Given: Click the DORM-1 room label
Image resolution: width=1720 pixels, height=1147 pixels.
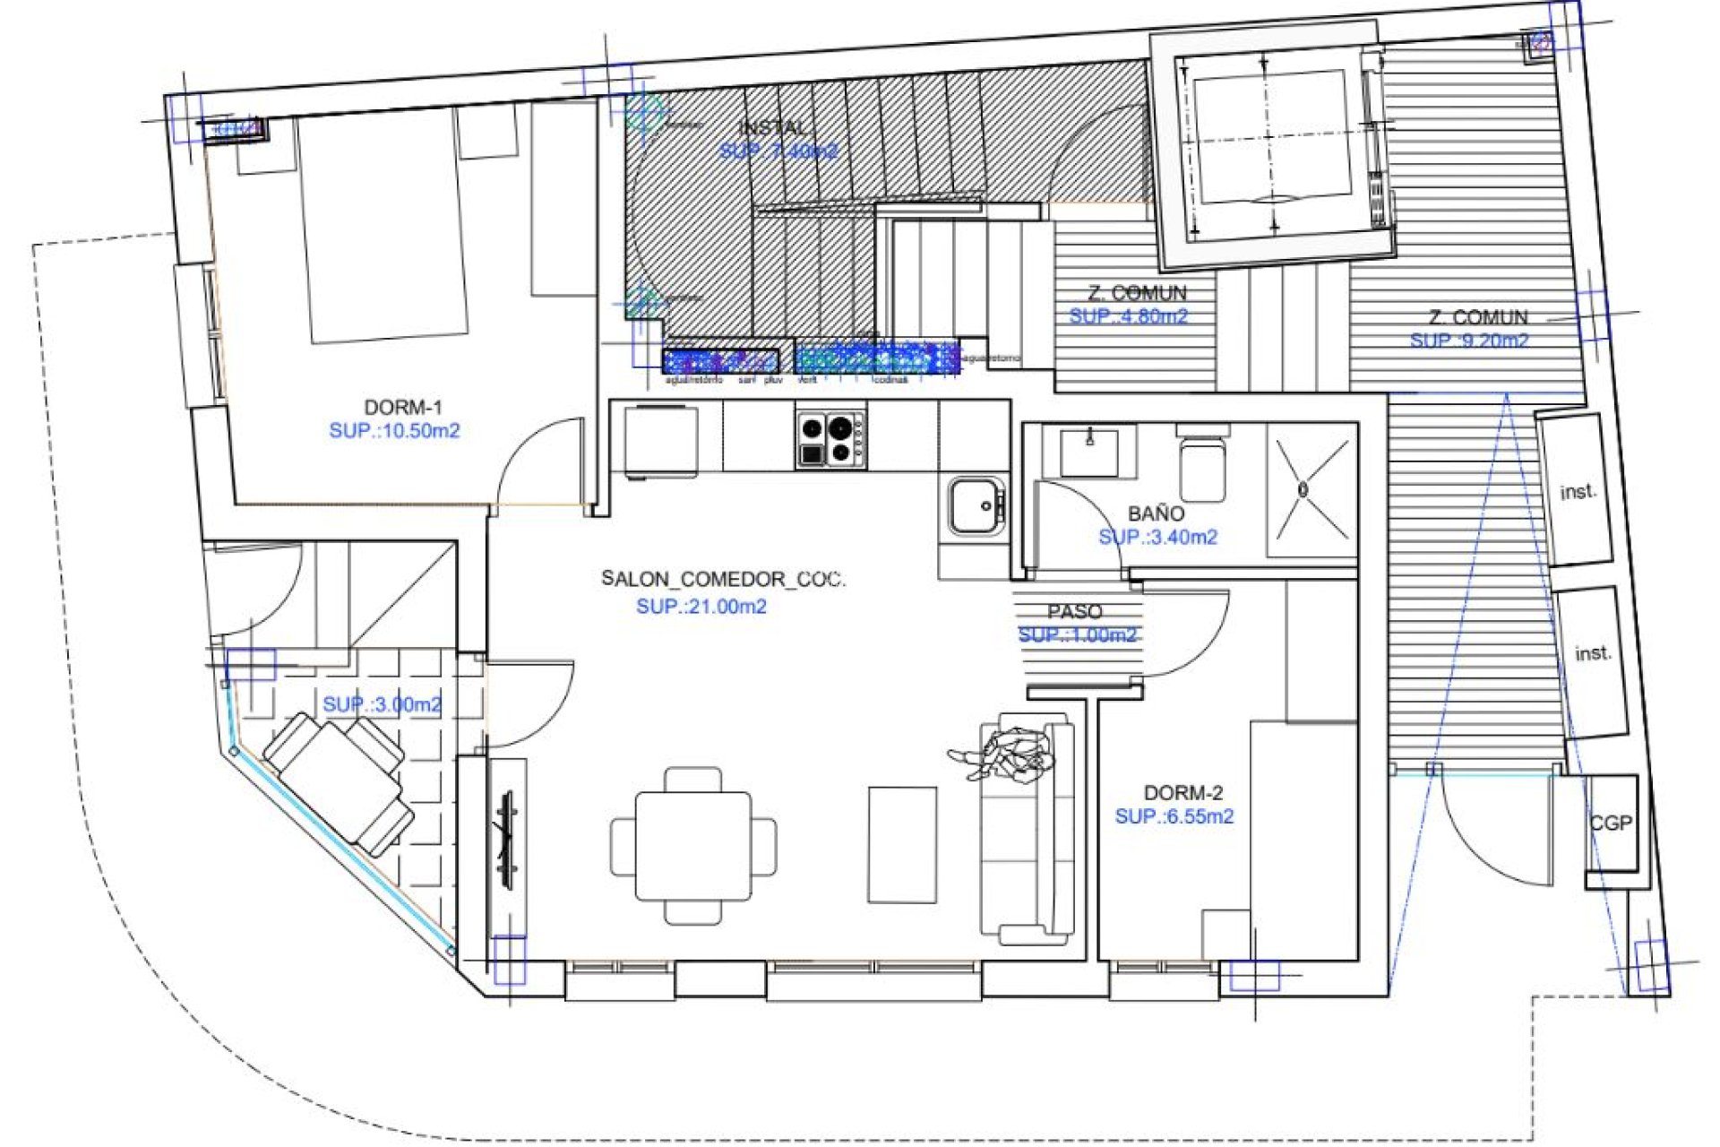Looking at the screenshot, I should tap(402, 408).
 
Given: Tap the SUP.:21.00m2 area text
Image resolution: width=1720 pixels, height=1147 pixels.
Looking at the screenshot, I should tap(701, 607).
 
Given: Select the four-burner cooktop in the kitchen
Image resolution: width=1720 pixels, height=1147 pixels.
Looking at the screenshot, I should tap(830, 439).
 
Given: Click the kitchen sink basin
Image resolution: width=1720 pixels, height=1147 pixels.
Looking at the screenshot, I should tap(974, 506).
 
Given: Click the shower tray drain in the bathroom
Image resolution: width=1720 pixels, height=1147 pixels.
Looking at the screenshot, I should tap(1303, 489).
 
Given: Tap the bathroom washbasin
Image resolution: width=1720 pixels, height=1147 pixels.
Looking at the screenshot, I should tap(1088, 451).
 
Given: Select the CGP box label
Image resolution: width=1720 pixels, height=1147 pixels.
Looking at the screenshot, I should tap(1611, 823).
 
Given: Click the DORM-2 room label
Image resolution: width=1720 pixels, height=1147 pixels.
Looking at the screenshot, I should tap(1182, 793).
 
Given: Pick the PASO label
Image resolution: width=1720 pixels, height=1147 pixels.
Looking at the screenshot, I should tap(1074, 612).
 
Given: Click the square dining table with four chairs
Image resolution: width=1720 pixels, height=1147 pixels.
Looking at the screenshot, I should tap(693, 846).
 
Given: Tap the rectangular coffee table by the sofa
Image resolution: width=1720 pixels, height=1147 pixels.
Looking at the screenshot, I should tap(902, 845).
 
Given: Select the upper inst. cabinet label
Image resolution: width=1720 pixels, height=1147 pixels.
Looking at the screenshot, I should tap(1578, 492).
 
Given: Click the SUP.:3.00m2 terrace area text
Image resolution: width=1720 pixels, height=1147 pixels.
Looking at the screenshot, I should tap(382, 704).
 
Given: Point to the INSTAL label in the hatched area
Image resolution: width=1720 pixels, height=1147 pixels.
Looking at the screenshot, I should tap(772, 128).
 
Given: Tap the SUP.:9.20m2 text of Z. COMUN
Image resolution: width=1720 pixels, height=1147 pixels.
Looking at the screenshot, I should tap(1468, 341).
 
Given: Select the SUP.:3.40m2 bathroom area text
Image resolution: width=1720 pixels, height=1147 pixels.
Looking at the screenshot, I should tap(1157, 538).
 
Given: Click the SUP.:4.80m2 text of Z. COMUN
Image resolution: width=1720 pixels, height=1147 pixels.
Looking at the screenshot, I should tap(1128, 316).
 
